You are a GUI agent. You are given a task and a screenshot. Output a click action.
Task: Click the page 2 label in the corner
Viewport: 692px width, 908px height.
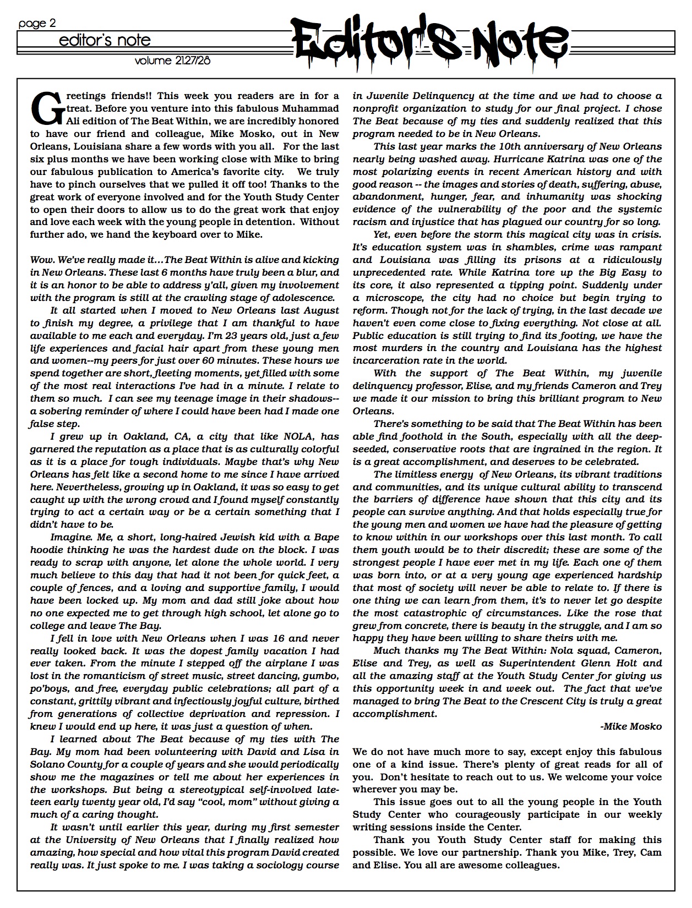(37, 24)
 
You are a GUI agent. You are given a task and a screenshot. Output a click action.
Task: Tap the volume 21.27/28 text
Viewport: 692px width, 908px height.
(172, 61)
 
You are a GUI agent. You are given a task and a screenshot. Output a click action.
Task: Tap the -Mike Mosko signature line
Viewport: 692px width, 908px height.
(631, 726)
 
